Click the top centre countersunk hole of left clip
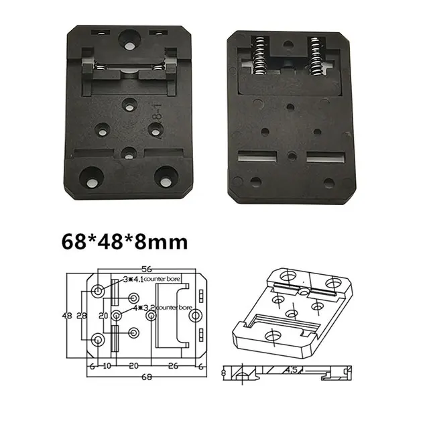pos(128,40)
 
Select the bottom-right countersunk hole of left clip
pos(164,177)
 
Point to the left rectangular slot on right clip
pos(257,157)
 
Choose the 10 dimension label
pos(107,366)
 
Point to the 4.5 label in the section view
pos(290,369)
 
